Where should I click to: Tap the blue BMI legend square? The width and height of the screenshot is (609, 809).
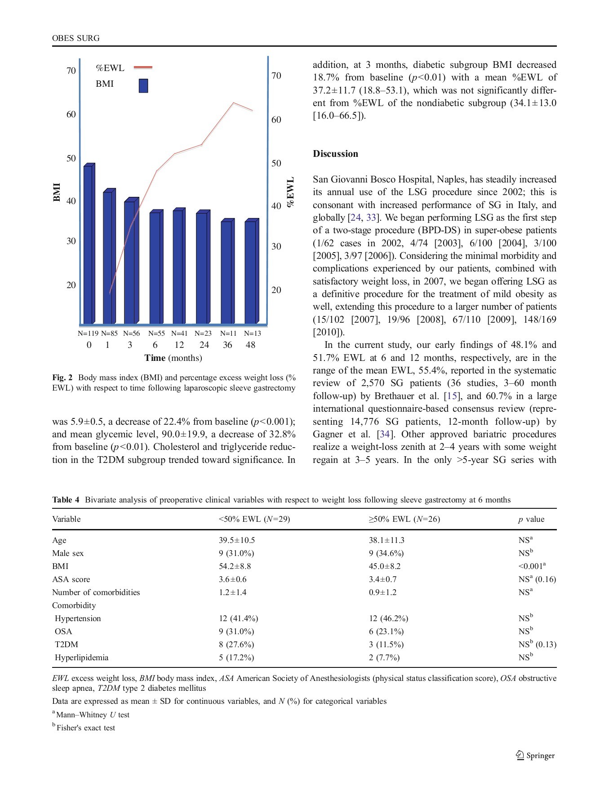click(x=143, y=85)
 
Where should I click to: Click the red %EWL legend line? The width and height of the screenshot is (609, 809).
click(x=143, y=68)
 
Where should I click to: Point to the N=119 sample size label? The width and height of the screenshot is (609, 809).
click(x=88, y=333)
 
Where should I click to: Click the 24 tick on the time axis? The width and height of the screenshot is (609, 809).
click(x=204, y=345)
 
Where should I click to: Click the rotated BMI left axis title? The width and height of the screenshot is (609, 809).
click(x=57, y=192)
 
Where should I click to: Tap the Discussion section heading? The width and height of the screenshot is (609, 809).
click(x=335, y=154)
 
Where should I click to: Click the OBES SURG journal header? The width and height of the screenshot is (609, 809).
click(x=76, y=38)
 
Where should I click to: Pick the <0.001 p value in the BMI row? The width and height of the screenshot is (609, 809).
click(x=532, y=566)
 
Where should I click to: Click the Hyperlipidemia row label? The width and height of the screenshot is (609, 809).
click(x=81, y=658)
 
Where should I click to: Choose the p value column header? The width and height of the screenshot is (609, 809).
click(x=531, y=519)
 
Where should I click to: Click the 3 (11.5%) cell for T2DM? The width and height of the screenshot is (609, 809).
click(x=386, y=645)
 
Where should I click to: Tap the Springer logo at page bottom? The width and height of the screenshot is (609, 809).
click(x=535, y=756)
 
